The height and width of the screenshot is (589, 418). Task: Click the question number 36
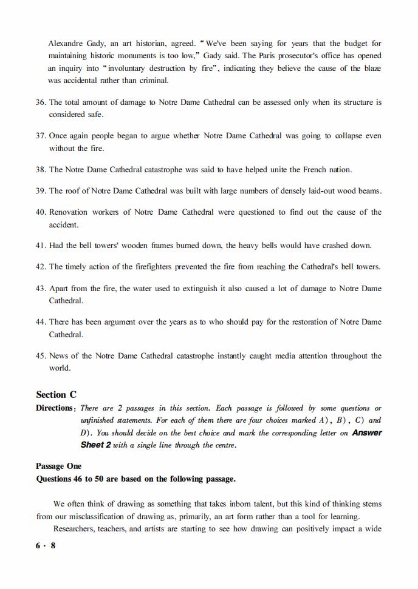pyautogui.click(x=41, y=103)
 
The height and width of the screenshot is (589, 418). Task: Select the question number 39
pyautogui.click(x=41, y=191)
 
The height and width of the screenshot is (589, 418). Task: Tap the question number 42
pyautogui.click(x=41, y=267)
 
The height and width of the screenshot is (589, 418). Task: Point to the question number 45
pyautogui.click(x=41, y=356)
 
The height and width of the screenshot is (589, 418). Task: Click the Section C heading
pyautogui.click(x=56, y=394)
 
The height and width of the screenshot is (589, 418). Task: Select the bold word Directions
pyautogui.click(x=54, y=408)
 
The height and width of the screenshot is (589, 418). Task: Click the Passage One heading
pyautogui.click(x=58, y=466)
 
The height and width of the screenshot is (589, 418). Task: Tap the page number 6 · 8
pyautogui.click(x=46, y=545)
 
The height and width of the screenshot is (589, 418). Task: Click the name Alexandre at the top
pyautogui.click(x=66, y=44)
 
